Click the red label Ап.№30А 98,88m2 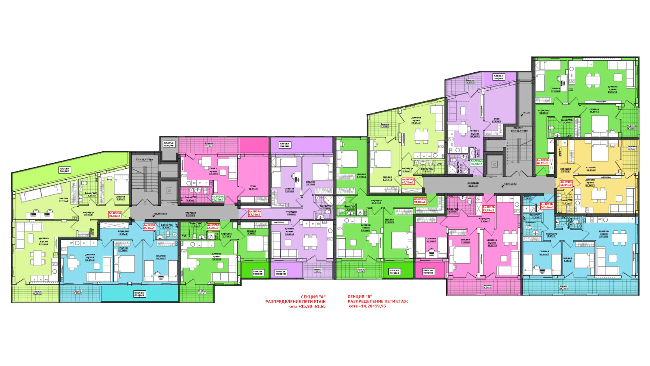115,214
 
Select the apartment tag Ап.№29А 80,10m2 149,227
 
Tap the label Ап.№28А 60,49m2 213,227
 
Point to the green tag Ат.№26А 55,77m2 217,198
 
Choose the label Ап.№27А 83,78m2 255,213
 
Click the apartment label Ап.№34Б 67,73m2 408,181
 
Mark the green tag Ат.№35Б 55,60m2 477,162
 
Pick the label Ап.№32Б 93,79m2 488,209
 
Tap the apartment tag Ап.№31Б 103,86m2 547,206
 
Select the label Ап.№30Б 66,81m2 566,183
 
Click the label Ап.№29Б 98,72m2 542,161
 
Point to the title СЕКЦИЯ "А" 313,296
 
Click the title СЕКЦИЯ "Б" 360,296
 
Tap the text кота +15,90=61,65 307,306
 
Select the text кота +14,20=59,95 367,306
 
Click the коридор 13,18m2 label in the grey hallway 190,214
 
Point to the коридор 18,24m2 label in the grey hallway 473,184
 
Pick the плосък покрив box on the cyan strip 139,294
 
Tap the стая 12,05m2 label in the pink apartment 253,187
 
